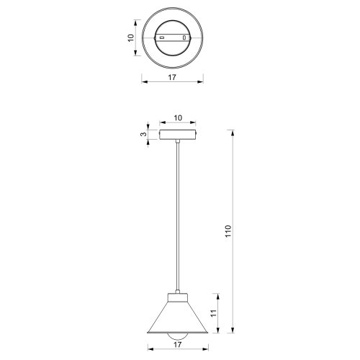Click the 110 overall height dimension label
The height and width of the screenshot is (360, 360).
(228, 231)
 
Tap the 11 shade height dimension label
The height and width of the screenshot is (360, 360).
(214, 313)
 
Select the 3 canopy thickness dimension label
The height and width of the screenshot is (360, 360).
(143, 134)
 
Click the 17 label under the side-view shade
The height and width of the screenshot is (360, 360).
(177, 345)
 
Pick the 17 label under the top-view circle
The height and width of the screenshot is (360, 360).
(172, 77)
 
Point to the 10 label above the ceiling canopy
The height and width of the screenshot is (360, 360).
(178, 118)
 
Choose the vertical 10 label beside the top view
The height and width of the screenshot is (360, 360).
(131, 37)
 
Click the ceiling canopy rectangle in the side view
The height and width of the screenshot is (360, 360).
(178, 135)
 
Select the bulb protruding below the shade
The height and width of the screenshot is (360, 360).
(178, 336)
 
